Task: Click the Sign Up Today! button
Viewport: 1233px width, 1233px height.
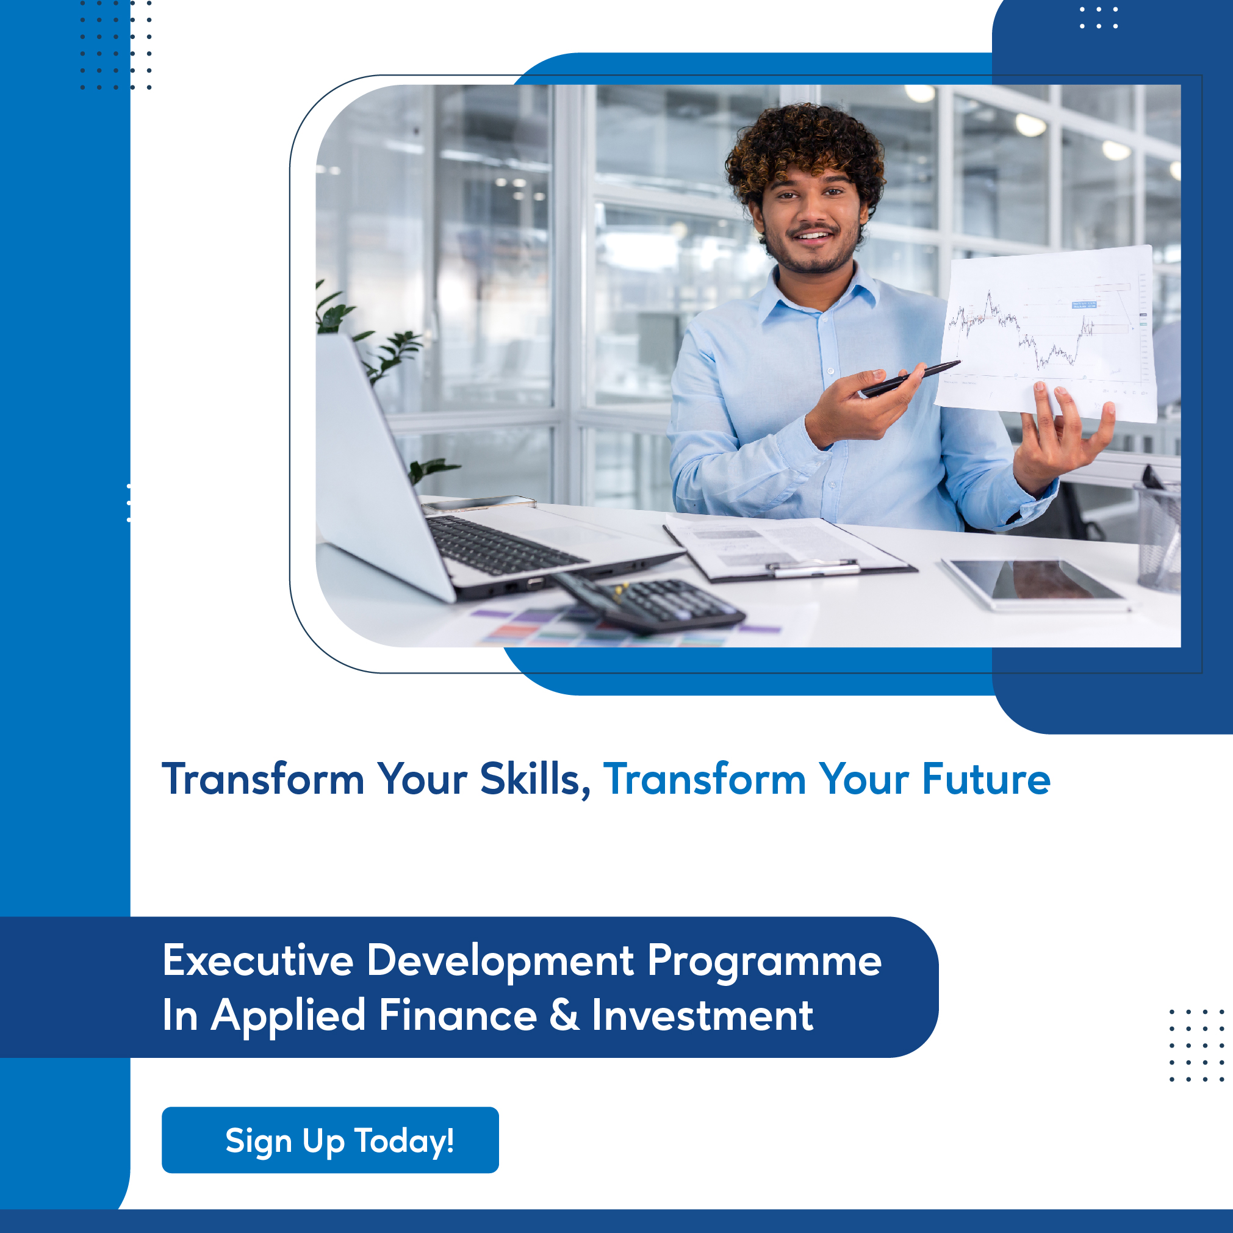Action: [x=330, y=1140]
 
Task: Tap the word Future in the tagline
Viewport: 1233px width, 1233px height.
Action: [x=986, y=779]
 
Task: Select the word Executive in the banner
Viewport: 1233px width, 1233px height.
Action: [x=258, y=960]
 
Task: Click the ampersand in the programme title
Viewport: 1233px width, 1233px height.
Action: [x=565, y=1015]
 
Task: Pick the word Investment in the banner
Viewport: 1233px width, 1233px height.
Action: [x=703, y=1015]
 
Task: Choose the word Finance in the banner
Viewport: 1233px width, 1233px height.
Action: [x=458, y=1015]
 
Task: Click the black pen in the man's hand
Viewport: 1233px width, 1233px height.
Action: [x=910, y=378]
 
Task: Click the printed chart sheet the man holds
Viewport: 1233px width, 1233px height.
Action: [x=1047, y=332]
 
